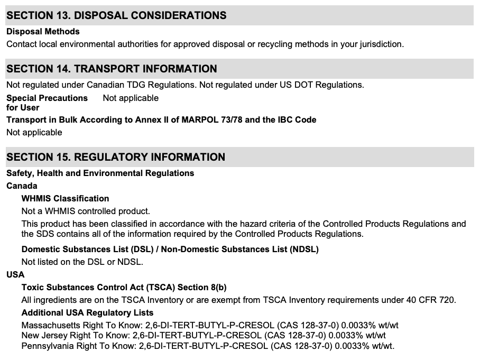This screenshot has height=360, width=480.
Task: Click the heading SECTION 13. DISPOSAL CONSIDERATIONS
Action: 116,15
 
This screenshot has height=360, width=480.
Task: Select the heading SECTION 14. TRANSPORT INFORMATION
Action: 112,69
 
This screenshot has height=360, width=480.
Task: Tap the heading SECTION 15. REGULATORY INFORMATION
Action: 116,157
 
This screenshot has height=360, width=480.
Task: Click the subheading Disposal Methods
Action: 43,32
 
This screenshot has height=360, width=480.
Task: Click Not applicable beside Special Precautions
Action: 131,98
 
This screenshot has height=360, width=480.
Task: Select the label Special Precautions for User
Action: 47,103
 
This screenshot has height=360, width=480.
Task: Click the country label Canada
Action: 22,186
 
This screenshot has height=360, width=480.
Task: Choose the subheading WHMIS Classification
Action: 65,199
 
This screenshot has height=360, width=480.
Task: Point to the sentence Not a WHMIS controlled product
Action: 86,211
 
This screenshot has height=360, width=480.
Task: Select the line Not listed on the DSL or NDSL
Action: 82,261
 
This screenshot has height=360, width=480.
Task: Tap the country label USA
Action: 15,274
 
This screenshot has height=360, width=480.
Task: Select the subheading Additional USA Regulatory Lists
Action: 87,312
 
